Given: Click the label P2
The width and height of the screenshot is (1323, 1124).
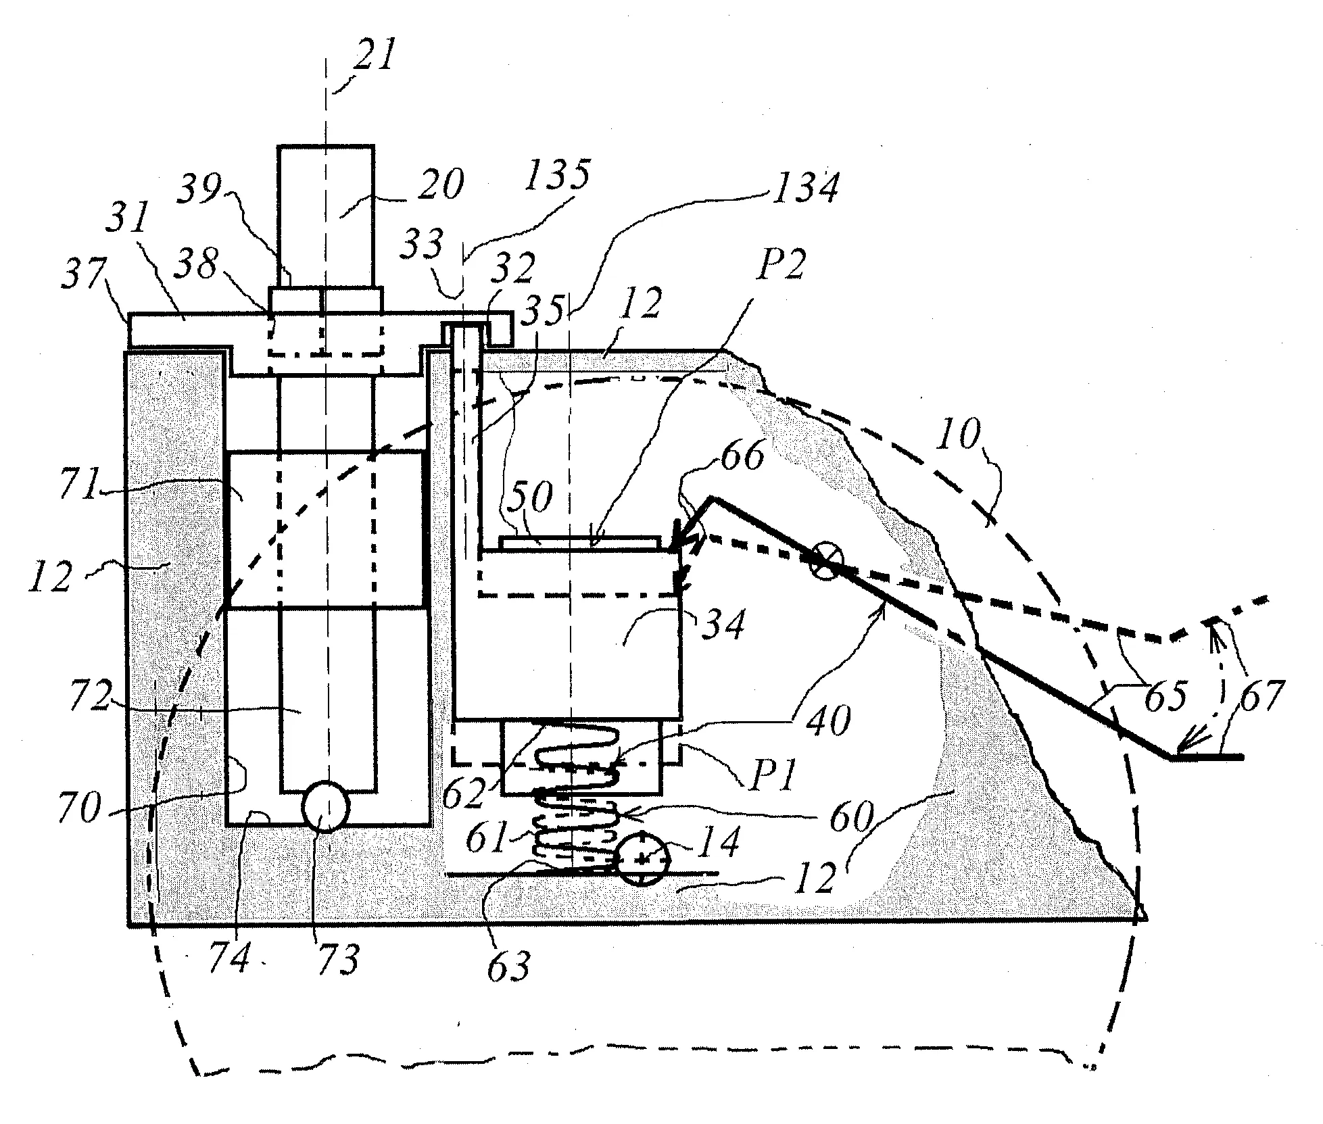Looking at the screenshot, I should point(781,266).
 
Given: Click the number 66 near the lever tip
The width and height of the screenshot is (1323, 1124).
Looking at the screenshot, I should point(742,455).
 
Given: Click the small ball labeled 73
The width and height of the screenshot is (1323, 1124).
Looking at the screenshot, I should point(325,806).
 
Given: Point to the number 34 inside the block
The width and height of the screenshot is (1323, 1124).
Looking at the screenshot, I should point(723,623).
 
